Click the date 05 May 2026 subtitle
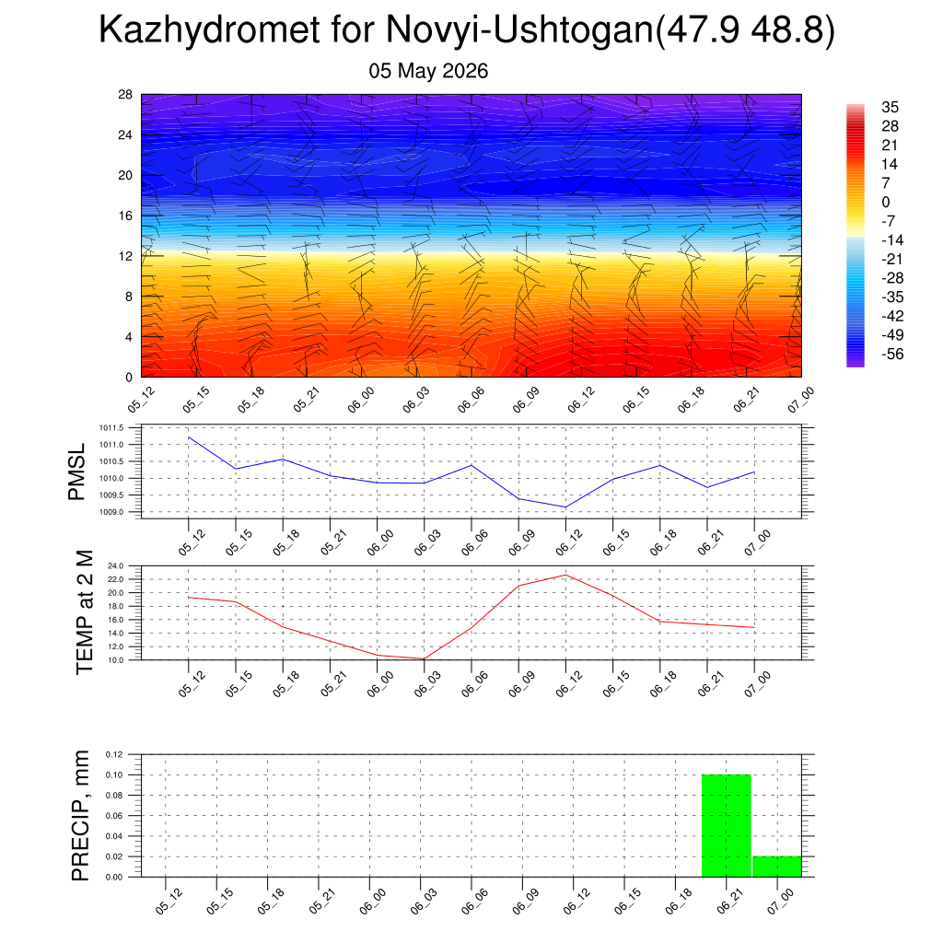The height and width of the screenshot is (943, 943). (428, 71)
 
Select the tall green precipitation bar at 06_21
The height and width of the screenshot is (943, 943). (726, 825)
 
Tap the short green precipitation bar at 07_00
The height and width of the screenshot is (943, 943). (776, 866)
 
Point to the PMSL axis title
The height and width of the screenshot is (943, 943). (77, 472)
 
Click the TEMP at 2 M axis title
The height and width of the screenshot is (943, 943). (85, 612)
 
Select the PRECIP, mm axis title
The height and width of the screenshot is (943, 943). (80, 816)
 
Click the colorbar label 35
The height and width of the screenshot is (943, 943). (890, 107)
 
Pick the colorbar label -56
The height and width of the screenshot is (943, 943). (892, 354)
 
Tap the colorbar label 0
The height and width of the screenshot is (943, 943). (885, 202)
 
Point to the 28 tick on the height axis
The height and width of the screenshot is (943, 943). (125, 95)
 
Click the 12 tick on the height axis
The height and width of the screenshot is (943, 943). (125, 256)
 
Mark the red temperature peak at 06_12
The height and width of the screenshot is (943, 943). (565, 575)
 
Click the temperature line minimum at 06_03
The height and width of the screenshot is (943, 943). (424, 658)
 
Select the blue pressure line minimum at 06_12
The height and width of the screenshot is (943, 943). (565, 507)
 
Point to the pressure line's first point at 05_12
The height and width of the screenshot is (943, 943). (189, 437)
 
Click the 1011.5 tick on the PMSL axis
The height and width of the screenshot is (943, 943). (111, 428)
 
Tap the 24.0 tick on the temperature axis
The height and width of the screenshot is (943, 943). (115, 566)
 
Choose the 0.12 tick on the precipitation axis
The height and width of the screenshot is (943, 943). (114, 754)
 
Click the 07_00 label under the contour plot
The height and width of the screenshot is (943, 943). (801, 400)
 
